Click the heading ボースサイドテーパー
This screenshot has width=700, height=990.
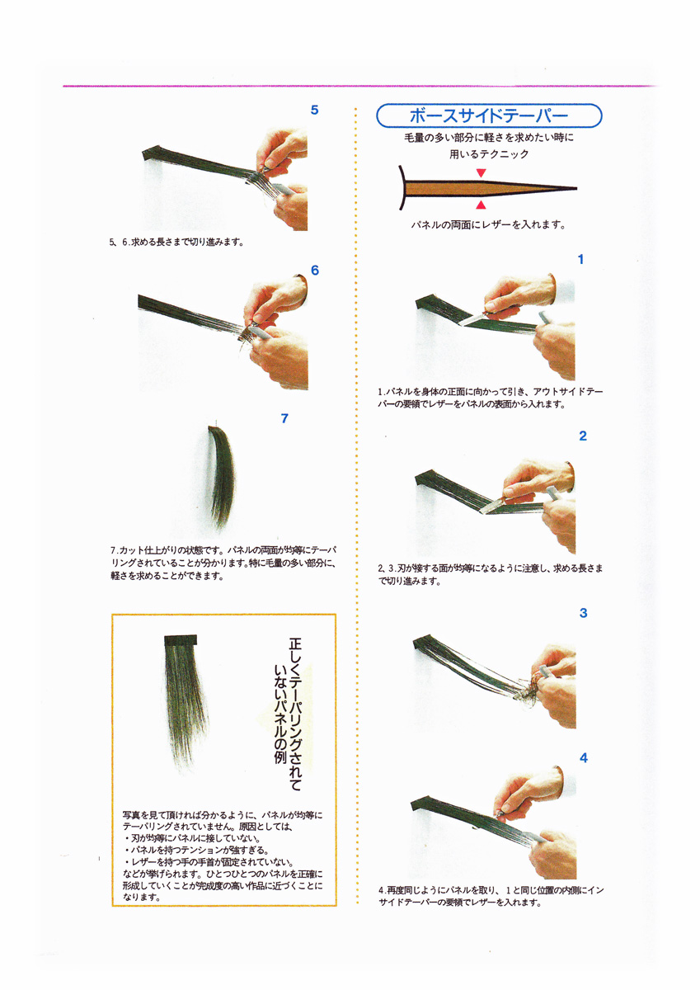pos(489,115)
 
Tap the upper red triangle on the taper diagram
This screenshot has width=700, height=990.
pos(481,172)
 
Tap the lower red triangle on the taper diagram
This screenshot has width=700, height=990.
pos(481,205)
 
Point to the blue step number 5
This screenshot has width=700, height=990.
pos(314,110)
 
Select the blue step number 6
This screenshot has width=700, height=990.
pos(315,271)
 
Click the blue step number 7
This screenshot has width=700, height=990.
pos(284,418)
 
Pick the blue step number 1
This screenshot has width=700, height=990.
pos(580,259)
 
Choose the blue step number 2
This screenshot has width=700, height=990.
pos(583,436)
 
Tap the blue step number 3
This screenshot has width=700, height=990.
pos(584,612)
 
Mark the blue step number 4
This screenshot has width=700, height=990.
pos(584,758)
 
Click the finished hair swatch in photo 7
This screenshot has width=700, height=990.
pos(222,477)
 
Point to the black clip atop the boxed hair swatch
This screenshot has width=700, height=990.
pos(181,640)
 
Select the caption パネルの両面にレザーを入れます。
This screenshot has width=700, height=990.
pos(488,225)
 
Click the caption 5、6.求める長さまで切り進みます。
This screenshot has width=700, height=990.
pos(176,243)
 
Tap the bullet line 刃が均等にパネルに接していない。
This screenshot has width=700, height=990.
pos(193,838)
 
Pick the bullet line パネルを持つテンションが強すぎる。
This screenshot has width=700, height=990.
pos(197,851)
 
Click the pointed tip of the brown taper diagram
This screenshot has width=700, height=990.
pos(576,189)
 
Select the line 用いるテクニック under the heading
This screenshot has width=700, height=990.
pos(489,154)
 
